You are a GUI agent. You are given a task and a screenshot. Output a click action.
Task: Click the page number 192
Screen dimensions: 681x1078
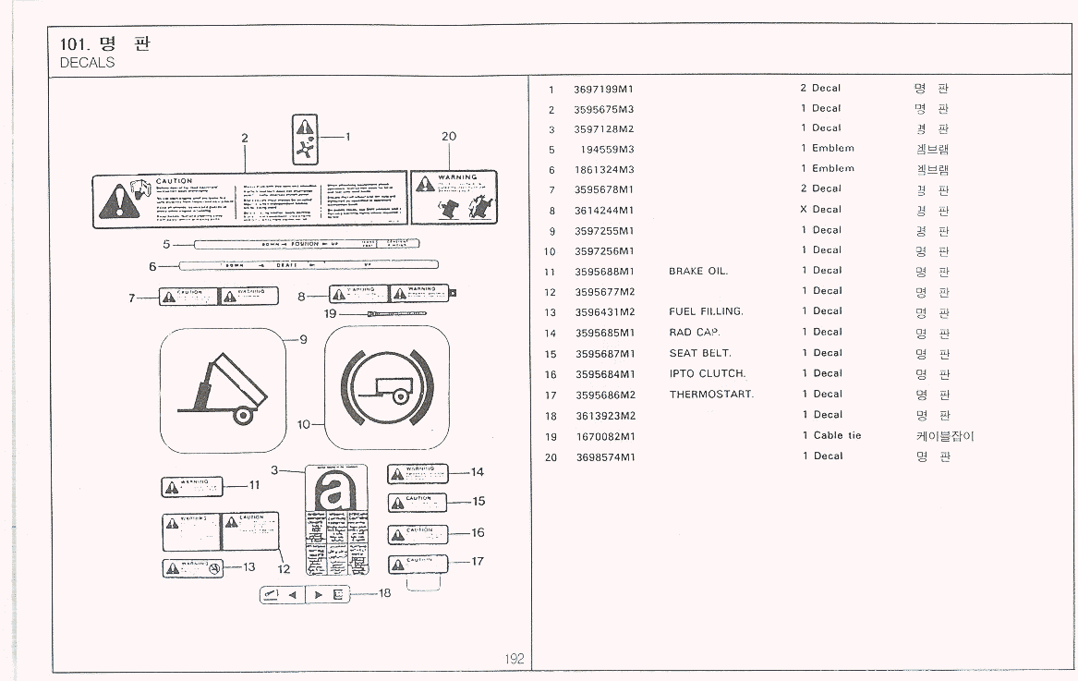(515, 659)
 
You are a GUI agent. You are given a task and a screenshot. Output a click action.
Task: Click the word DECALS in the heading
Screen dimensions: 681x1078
(87, 63)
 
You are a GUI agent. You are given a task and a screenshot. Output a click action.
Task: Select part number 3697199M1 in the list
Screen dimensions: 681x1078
(603, 89)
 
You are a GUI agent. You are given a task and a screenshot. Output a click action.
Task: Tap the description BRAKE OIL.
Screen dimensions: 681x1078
(698, 271)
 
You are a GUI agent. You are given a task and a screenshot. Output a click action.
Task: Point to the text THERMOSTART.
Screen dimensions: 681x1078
(711, 395)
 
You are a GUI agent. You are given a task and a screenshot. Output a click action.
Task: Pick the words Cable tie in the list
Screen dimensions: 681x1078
(837, 435)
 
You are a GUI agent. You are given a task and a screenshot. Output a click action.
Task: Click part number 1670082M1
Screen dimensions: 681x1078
(604, 436)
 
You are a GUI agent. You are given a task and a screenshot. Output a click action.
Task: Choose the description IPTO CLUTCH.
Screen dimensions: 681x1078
(707, 373)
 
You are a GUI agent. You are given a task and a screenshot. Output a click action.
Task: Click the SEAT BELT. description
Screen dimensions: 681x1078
(700, 353)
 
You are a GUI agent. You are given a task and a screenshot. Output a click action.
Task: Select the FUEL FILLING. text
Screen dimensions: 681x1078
(706, 311)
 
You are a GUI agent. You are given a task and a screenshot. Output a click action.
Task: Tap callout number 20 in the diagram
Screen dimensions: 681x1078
(449, 136)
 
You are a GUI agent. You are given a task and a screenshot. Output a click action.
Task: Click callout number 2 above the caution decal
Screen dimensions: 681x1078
(245, 139)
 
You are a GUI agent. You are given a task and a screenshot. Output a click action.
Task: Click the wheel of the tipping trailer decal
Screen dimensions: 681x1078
(244, 416)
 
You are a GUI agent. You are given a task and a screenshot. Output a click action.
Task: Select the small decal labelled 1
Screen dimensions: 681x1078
(305, 140)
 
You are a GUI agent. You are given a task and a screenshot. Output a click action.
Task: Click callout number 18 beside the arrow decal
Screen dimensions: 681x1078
(385, 593)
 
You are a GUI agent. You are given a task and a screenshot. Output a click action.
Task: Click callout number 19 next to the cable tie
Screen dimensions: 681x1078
(331, 314)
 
